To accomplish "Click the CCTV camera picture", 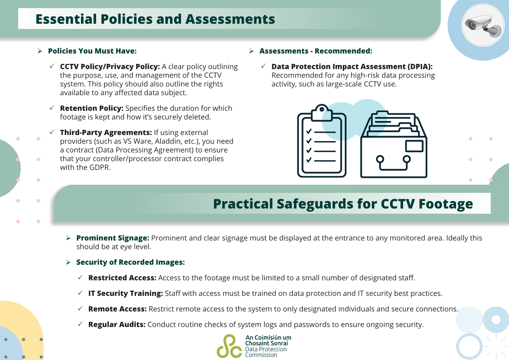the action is [x=483, y=26].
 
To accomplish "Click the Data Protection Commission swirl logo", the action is [x=229, y=346].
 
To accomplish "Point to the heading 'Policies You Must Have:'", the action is [x=92, y=51].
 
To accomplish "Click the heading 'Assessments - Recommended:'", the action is [x=316, y=51].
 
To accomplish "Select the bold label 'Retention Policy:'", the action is [x=92, y=108].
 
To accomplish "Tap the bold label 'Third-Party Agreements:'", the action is [x=106, y=133].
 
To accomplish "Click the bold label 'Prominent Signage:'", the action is [x=113, y=238].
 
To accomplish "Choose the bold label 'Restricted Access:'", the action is [x=122, y=278].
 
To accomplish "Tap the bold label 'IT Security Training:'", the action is [x=125, y=294].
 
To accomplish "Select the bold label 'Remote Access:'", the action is [x=117, y=309].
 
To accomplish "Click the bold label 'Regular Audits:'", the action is [x=117, y=325].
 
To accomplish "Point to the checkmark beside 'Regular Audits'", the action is [x=80, y=324].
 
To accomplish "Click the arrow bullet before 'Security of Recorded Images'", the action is [x=68, y=262].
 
